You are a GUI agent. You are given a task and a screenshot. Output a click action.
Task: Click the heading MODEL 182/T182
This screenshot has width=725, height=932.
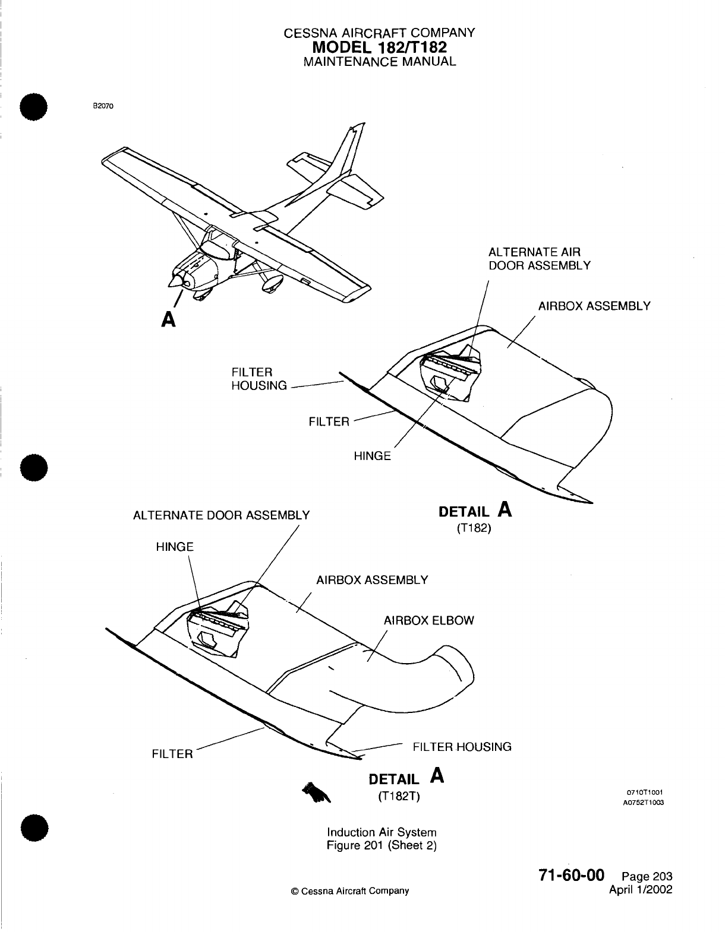coord(380,47)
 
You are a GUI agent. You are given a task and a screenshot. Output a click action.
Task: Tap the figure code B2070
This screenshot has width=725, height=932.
coord(102,106)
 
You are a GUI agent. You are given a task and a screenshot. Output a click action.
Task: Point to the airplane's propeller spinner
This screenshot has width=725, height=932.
coord(176,278)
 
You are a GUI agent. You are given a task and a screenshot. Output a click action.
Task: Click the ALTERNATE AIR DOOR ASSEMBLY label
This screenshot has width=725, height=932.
coord(539,258)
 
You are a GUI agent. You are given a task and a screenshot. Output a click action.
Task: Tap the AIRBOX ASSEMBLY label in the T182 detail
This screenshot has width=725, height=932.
coord(594,306)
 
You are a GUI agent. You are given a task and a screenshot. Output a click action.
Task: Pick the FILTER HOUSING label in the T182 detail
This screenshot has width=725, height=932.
coord(259,379)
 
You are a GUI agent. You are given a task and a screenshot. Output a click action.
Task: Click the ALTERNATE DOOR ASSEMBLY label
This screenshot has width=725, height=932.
coord(221,515)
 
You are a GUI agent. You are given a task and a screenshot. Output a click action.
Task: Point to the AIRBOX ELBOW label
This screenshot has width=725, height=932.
coord(428,620)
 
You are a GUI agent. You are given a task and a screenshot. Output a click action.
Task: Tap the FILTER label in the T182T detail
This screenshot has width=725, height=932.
coord(172,754)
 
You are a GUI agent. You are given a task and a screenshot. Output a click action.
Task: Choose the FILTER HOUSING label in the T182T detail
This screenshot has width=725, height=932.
coord(462,746)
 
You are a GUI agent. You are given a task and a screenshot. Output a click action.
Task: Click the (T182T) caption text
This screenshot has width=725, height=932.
coord(399,796)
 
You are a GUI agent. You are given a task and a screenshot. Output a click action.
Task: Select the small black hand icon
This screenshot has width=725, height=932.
coord(315,792)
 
